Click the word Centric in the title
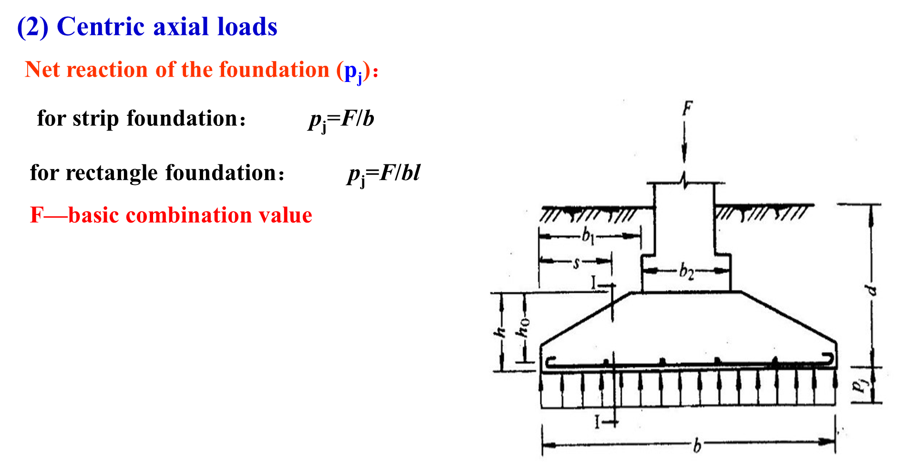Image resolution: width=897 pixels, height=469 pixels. (101, 27)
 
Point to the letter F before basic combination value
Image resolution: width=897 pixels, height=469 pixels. (37, 215)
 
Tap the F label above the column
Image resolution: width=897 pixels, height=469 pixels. (687, 109)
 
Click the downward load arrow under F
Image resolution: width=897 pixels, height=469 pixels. (685, 143)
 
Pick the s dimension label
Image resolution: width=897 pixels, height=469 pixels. (576, 262)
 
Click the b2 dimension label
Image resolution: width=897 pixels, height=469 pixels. (686, 272)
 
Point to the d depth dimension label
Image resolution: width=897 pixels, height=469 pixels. (870, 289)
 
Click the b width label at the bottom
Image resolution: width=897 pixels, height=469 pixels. (697, 446)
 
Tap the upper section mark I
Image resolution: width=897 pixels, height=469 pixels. (594, 283)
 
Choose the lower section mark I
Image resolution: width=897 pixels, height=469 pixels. (597, 421)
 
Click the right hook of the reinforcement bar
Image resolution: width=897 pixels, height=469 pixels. (829, 359)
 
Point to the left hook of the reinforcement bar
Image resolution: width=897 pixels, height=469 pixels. (550, 362)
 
